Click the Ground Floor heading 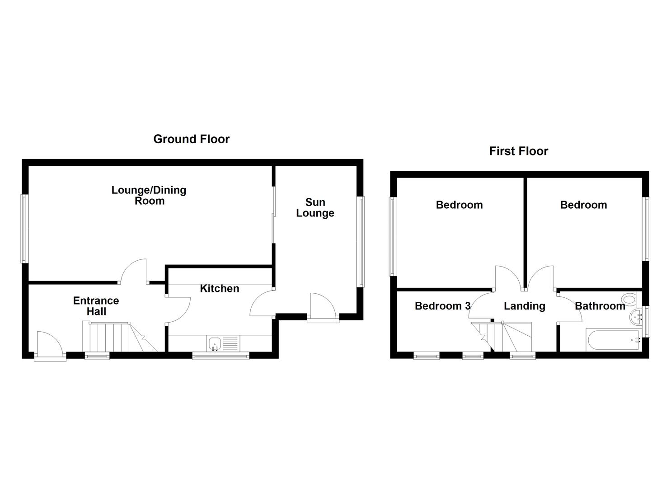191,139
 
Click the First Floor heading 518,151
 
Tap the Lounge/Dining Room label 149,195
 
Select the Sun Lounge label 315,208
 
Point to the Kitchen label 220,289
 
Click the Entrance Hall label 96,306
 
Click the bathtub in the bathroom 613,340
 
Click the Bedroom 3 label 442,306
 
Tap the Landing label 524,306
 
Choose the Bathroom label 600,306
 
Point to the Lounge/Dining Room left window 24,228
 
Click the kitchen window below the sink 221,357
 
